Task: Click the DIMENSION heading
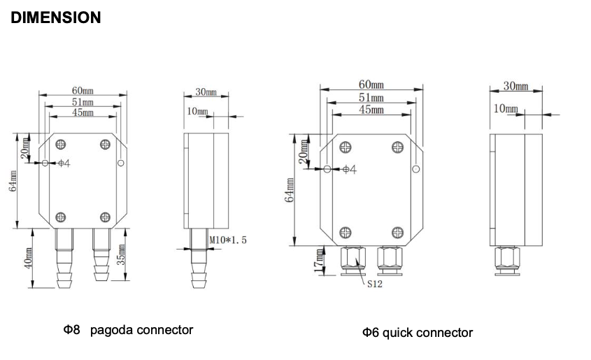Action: (x=56, y=17)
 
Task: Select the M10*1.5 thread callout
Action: (x=228, y=240)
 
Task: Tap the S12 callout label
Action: (x=375, y=284)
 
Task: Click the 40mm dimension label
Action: (x=28, y=258)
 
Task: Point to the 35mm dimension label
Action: (x=120, y=254)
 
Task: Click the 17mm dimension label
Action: (x=319, y=261)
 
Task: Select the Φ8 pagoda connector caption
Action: (x=128, y=330)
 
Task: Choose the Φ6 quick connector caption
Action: (x=418, y=333)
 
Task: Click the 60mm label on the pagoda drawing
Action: (x=83, y=91)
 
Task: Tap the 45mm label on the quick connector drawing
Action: (x=371, y=110)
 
